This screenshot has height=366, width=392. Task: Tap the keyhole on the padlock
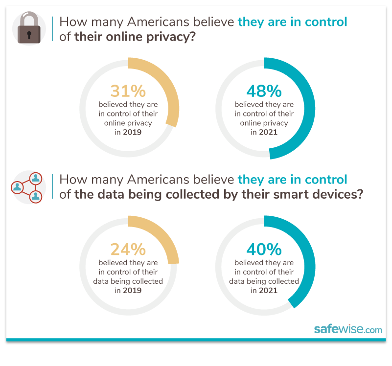pos(29,36)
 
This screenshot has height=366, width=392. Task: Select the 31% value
pos(128,91)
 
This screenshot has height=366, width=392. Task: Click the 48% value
pos(264,91)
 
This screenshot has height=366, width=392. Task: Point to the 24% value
pos(128,250)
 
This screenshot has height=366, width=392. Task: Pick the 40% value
pos(264,250)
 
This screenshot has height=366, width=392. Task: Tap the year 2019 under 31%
pos(132,132)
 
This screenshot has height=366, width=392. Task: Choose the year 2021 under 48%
pos(268,132)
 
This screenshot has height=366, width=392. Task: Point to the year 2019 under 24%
pos(132,290)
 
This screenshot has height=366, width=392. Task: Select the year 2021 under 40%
pos(268,290)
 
